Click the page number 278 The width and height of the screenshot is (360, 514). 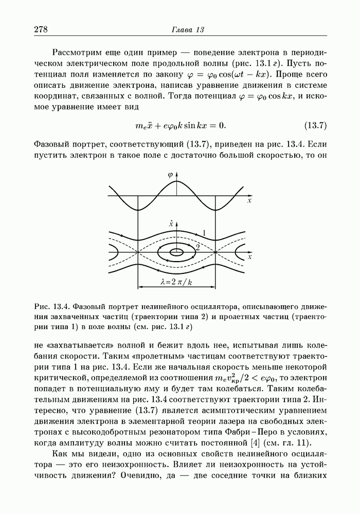41,30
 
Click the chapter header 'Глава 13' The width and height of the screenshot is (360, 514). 187,30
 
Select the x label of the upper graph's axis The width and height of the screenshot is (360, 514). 249,201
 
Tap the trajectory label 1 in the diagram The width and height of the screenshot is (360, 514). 204,233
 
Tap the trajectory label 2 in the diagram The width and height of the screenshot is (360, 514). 197,248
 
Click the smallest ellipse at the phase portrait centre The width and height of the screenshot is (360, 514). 176,252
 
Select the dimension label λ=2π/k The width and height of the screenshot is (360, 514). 176,282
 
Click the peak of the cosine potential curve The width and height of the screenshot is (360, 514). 176,182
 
